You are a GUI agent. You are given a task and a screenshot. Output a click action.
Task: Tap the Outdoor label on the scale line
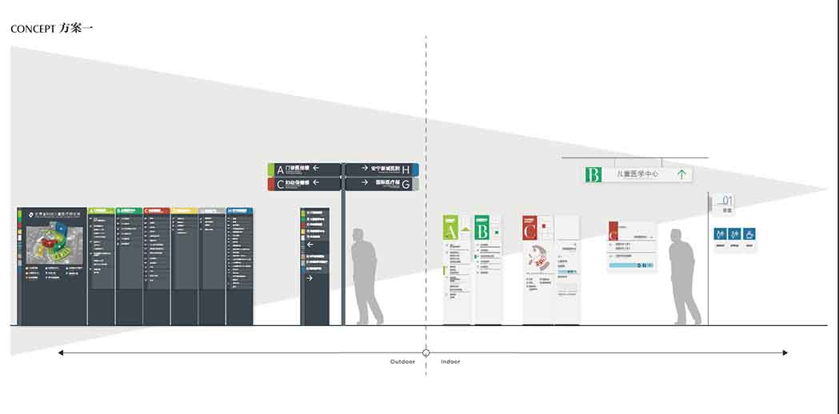pyautogui.click(x=402, y=362)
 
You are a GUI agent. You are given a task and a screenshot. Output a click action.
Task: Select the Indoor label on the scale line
pyautogui.click(x=450, y=362)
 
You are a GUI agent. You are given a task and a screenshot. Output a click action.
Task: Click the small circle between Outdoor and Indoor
pyautogui.click(x=426, y=352)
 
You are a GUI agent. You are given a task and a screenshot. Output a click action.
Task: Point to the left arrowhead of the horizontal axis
pyautogui.click(x=61, y=352)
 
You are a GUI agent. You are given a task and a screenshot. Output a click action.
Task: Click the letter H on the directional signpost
pyautogui.click(x=406, y=169)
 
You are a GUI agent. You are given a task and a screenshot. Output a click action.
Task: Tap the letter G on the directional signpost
pyautogui.click(x=406, y=184)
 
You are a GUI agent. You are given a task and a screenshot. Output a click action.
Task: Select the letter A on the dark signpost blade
pyautogui.click(x=280, y=169)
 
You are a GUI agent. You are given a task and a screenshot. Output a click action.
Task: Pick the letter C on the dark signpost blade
pyautogui.click(x=280, y=184)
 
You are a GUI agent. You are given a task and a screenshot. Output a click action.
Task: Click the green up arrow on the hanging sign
pyautogui.click(x=682, y=173)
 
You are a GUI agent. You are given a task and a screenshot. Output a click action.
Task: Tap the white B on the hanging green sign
pyautogui.click(x=593, y=174)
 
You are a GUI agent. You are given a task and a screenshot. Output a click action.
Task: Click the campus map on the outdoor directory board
pyautogui.click(x=50, y=243)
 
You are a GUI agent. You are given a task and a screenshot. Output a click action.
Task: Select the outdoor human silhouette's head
pyautogui.click(x=359, y=236)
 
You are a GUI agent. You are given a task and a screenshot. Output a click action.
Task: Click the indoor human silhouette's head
pyautogui.click(x=676, y=236)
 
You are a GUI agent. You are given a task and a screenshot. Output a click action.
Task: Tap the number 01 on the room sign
pyautogui.click(x=727, y=201)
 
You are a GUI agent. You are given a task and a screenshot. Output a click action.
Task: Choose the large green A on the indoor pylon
pyautogui.click(x=450, y=232)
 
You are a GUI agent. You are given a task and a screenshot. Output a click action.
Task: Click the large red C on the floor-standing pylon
pyautogui.click(x=529, y=232)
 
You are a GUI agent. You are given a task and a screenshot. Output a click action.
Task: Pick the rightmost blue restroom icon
pyautogui.click(x=749, y=234)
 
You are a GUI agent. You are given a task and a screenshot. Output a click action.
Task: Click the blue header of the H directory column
pyautogui.click(x=239, y=211)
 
